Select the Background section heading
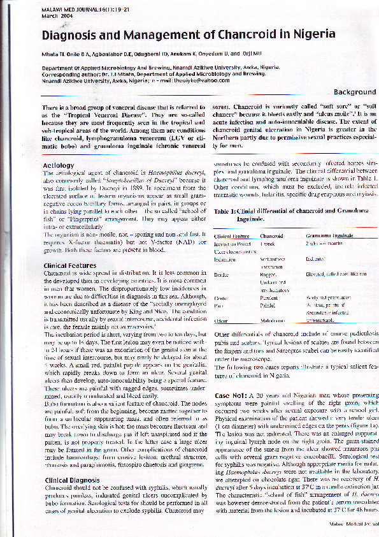coord(355,92)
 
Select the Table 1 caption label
coord(226,210)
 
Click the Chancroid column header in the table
coord(271,236)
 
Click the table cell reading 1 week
coord(268,244)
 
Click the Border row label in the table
coord(221,274)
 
